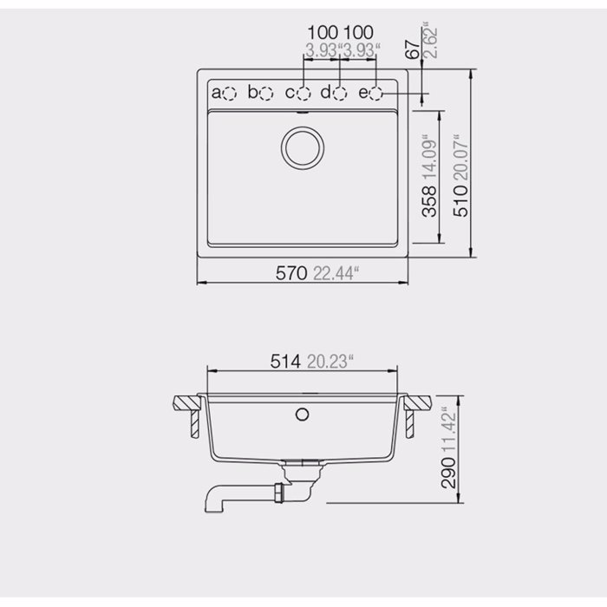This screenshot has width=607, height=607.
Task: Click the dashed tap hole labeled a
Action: pos(229,92)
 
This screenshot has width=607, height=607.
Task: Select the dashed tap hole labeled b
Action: pos(266,92)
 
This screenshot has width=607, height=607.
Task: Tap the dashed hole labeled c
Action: pos(303,92)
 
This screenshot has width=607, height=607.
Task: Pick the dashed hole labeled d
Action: pos(340,92)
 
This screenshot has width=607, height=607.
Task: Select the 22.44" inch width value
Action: pos(336,273)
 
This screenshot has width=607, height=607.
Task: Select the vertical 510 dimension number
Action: pos(462,198)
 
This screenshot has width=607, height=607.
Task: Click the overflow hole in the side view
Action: pos(302,414)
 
